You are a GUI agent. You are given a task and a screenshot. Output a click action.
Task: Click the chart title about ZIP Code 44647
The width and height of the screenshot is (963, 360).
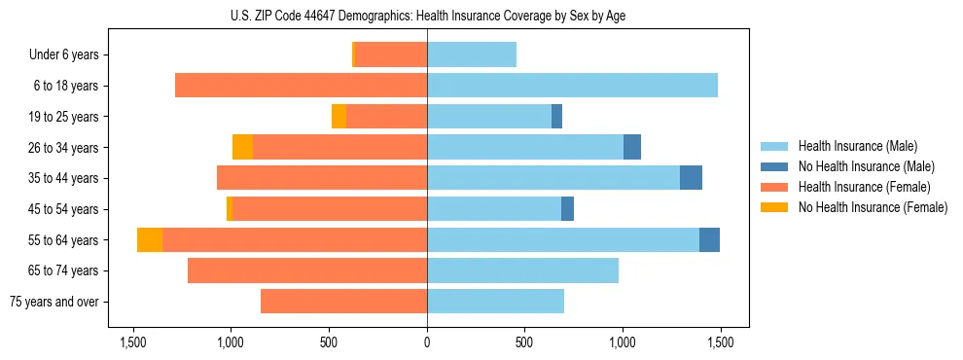click(x=428, y=16)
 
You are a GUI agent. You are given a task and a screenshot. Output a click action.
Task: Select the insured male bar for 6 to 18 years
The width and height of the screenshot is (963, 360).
click(x=572, y=86)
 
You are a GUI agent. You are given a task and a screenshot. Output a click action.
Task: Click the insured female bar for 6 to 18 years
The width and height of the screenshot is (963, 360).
click(x=301, y=86)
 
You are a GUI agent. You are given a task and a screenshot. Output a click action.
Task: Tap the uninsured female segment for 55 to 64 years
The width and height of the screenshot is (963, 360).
click(x=150, y=240)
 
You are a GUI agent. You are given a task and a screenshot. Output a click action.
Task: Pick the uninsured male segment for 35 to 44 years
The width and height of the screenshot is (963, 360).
click(x=691, y=178)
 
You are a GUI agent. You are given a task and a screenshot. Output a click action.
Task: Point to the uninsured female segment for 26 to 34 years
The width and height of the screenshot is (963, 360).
click(x=242, y=147)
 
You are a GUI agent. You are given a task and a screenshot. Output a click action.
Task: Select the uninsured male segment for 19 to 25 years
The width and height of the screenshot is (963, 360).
click(x=556, y=117)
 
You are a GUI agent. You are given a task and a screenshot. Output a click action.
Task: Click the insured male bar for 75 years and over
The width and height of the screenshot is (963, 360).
click(x=495, y=302)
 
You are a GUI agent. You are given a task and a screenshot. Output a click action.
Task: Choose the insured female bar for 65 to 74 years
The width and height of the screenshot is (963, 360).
click(x=306, y=270)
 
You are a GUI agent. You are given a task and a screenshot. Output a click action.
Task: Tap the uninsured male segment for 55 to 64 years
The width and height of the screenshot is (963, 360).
click(x=709, y=240)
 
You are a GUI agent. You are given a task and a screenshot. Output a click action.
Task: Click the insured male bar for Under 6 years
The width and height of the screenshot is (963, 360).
click(x=472, y=54)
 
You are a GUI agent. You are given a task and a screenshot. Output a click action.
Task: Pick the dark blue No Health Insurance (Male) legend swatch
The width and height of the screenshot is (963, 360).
click(x=774, y=166)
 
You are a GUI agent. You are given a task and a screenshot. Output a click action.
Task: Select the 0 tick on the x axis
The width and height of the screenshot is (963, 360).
click(x=427, y=342)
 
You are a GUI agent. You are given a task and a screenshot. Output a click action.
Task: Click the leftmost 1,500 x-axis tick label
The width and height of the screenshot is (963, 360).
click(x=133, y=342)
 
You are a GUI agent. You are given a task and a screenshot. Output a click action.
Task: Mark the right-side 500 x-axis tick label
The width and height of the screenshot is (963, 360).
click(x=523, y=342)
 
